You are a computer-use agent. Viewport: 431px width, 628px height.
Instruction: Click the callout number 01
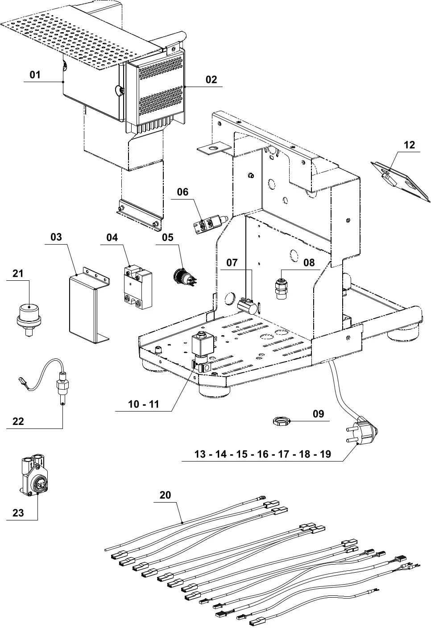35,75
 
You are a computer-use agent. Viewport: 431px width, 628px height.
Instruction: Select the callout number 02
211,79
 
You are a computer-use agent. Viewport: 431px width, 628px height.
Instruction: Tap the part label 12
409,145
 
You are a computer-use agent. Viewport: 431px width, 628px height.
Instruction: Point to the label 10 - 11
143,404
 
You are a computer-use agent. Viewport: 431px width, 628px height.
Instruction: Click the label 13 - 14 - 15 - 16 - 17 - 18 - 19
263,454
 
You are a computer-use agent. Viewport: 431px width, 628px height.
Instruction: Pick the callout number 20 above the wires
165,495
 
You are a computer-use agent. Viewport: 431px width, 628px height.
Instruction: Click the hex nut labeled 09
282,420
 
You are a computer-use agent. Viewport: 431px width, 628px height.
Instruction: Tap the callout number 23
18,513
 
